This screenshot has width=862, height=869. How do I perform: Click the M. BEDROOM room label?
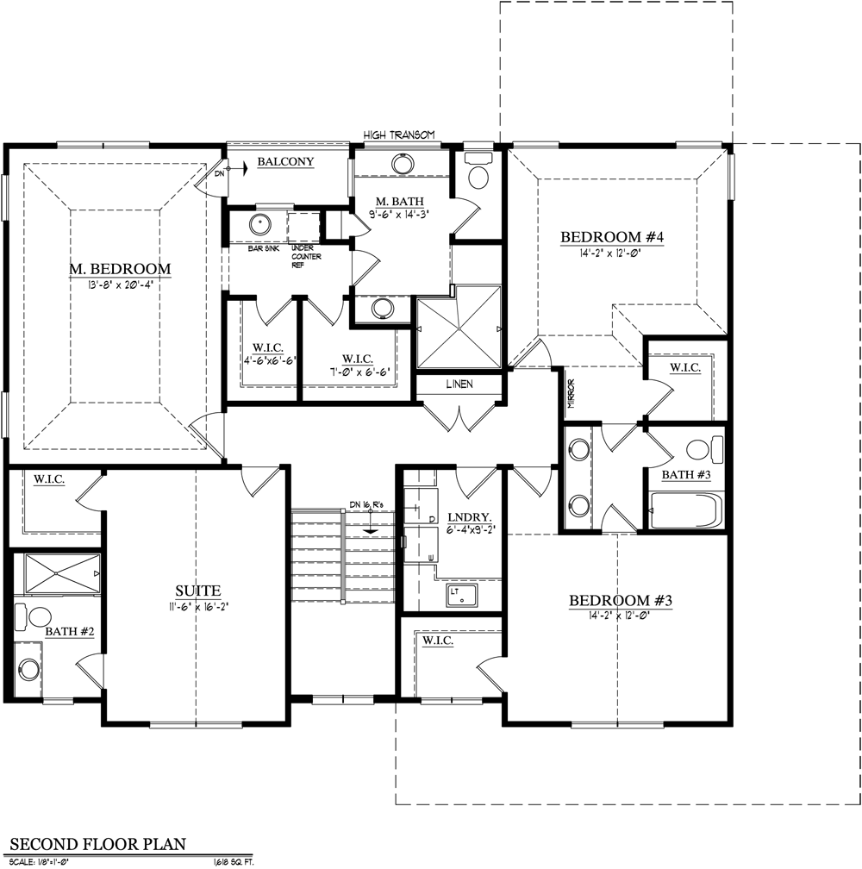(x=120, y=269)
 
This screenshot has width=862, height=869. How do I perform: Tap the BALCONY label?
(x=285, y=161)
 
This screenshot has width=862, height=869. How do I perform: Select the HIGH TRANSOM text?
(x=398, y=135)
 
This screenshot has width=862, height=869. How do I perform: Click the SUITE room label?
(x=197, y=591)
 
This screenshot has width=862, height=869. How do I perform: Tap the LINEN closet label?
(x=459, y=384)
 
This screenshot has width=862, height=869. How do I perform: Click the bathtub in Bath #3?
(x=685, y=510)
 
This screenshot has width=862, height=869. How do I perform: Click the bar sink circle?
(x=259, y=226)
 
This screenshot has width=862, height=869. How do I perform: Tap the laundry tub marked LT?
(x=461, y=594)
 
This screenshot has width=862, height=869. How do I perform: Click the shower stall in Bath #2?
(x=61, y=573)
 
